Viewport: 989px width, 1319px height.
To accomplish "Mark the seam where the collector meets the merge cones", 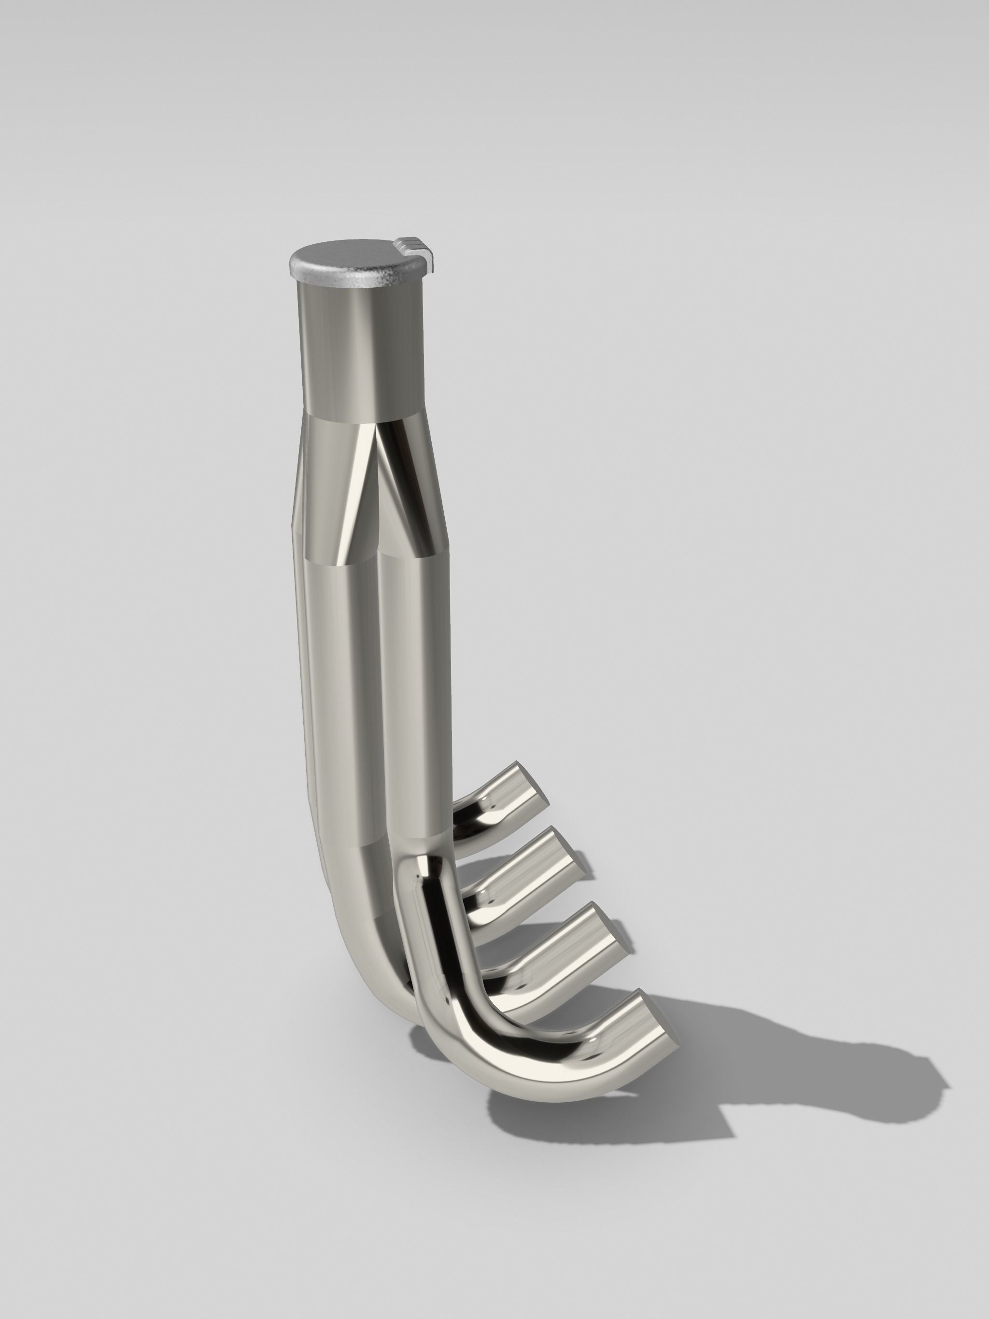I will point(364,416).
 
